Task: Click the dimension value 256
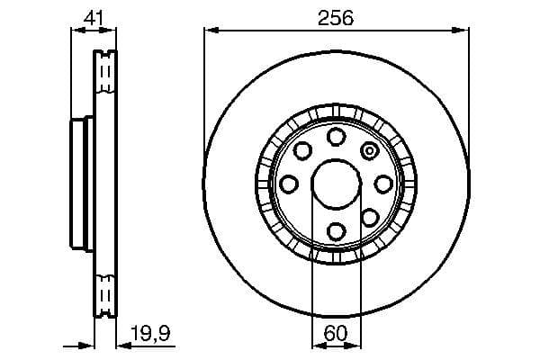coord(336,17)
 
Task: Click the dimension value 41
coord(92,15)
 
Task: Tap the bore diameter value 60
coord(336,334)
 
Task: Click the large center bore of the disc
coord(336,184)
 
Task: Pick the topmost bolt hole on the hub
coord(336,137)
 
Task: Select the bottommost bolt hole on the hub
coord(336,231)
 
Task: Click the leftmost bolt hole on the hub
coord(289,184)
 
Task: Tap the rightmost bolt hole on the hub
coord(383,184)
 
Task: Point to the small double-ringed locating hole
coord(369,150)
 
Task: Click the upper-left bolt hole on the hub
coord(303,150)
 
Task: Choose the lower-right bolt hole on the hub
coord(369,217)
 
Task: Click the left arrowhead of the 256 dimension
coord(210,31)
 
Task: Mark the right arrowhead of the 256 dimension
coord(464,31)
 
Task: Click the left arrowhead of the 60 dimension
coord(316,345)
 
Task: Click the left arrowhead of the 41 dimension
coord(76,29)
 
